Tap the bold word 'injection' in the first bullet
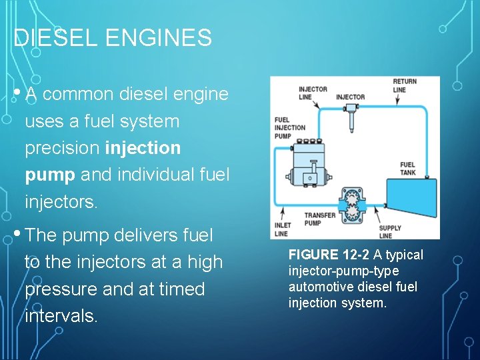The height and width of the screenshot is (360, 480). click(x=143, y=148)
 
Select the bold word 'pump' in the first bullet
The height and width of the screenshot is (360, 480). click(x=50, y=175)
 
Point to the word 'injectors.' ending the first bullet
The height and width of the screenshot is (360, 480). click(x=61, y=201)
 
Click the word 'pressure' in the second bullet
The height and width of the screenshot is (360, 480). click(x=61, y=289)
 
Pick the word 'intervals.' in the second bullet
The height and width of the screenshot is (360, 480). click(x=61, y=315)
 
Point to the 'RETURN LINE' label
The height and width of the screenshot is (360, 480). click(x=404, y=85)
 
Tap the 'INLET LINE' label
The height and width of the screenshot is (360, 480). click(x=281, y=229)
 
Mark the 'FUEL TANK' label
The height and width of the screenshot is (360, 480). click(x=407, y=169)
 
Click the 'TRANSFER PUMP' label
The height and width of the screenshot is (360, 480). click(x=320, y=219)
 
